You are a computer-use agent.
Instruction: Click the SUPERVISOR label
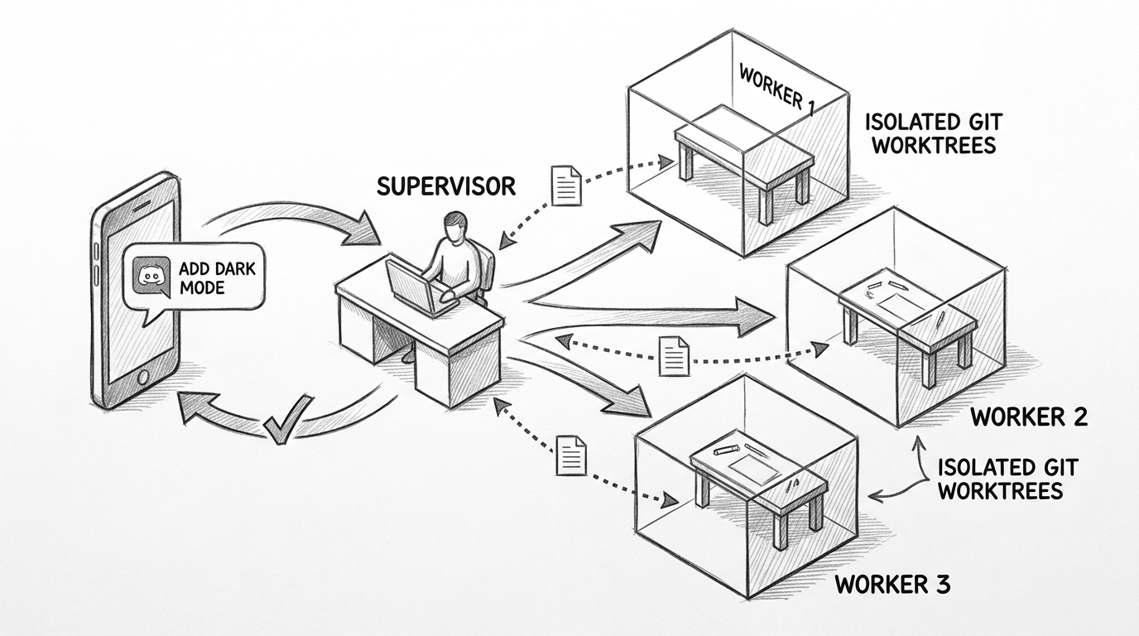(445, 185)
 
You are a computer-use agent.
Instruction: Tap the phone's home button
(142, 378)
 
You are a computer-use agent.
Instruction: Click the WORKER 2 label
(1029, 417)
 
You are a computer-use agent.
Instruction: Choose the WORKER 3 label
(892, 584)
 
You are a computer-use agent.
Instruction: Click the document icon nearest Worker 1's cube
(566, 185)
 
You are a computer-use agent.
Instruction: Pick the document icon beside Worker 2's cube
(675, 356)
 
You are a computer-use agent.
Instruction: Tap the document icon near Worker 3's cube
(571, 455)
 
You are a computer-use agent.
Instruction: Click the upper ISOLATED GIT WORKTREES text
(934, 132)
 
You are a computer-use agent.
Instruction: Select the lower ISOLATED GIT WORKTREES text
(1007, 479)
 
